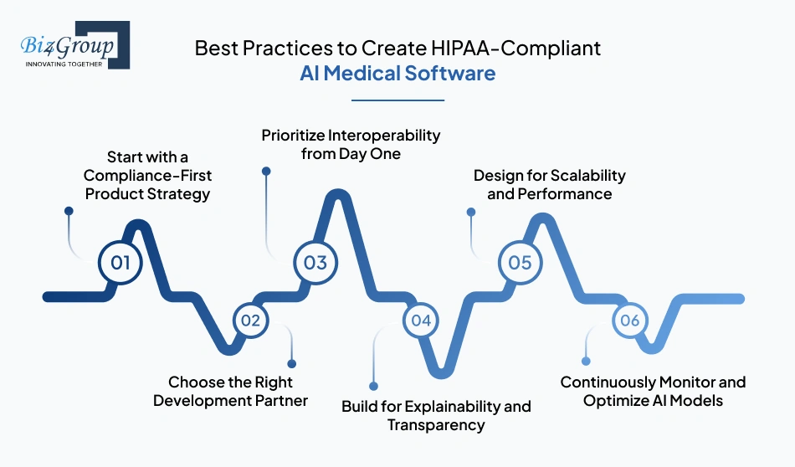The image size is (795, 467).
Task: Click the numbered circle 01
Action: (x=121, y=263)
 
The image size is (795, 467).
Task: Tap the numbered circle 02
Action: (x=250, y=320)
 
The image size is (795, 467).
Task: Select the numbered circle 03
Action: (x=315, y=263)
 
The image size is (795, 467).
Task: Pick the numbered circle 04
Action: (x=421, y=320)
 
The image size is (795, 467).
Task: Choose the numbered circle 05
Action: (x=520, y=263)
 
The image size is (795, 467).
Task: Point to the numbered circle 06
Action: (x=630, y=320)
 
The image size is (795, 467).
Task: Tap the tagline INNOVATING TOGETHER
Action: (x=64, y=63)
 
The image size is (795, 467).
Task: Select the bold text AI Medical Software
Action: (x=397, y=74)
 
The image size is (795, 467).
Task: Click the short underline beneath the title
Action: (x=397, y=100)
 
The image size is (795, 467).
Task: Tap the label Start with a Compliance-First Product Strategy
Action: (x=158, y=175)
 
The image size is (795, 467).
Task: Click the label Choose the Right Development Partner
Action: (x=230, y=391)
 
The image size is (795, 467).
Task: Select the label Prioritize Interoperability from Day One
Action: (x=351, y=144)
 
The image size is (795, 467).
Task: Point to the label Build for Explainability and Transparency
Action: (x=436, y=415)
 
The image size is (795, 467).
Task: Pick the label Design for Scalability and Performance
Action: (x=549, y=185)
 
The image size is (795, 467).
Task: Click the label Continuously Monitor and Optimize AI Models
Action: (x=653, y=391)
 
